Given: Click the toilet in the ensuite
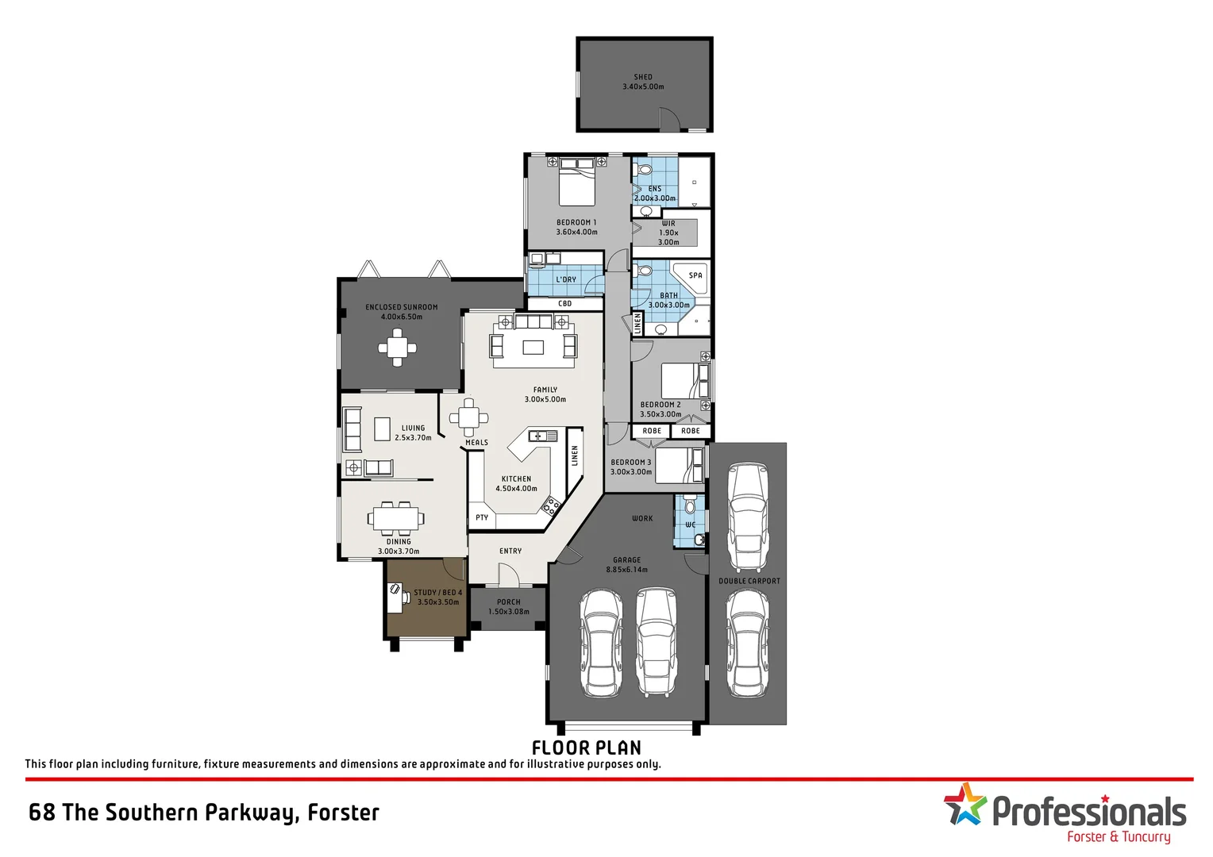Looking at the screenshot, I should click(x=645, y=171).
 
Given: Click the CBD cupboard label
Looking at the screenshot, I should click(x=565, y=304).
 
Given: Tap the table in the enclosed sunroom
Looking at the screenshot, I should click(x=397, y=348).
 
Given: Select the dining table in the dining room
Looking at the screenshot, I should click(x=395, y=519).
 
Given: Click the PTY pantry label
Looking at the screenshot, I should click(x=482, y=517).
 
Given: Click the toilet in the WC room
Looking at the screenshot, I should click(x=690, y=505).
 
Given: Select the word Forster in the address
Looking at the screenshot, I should click(x=343, y=813).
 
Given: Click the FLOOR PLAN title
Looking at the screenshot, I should click(x=586, y=747).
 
